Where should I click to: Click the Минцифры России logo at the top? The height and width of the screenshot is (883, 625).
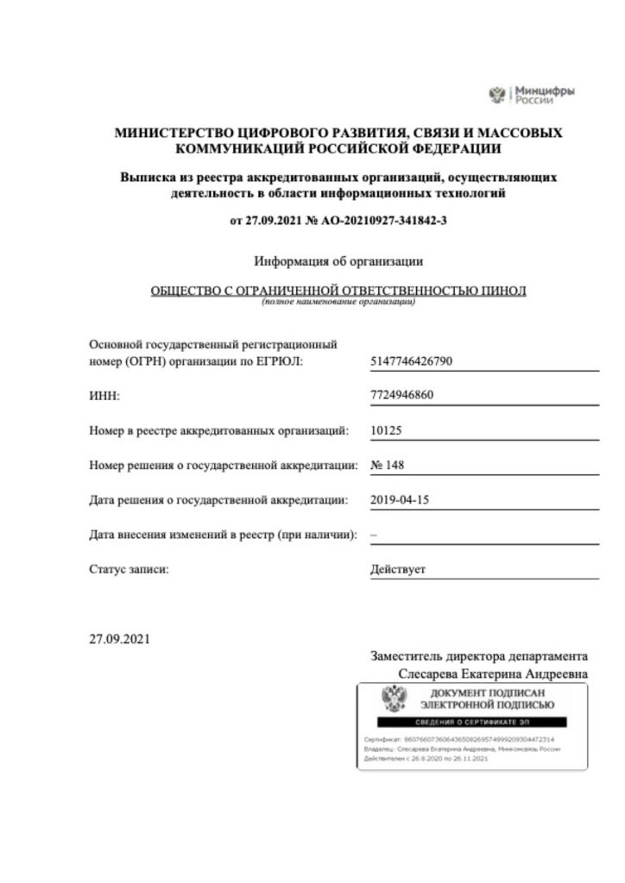[x=532, y=94]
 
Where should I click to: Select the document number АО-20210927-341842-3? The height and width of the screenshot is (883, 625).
[x=383, y=221]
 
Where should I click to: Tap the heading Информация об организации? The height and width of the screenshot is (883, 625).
[x=338, y=260]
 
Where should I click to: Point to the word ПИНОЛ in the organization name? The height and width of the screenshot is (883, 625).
[x=502, y=291]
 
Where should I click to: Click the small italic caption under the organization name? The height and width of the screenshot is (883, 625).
[x=338, y=303]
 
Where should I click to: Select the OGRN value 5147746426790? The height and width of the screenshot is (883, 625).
[x=411, y=361]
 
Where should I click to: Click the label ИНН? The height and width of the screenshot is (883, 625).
[x=104, y=396]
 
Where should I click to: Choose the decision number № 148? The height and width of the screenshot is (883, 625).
[x=387, y=465]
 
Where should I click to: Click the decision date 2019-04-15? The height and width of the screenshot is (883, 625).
[x=399, y=499]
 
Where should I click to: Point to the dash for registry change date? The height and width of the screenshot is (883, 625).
[x=373, y=535]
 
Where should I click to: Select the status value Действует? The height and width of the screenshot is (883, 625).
[x=397, y=569]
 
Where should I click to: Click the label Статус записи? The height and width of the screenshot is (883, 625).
[x=129, y=569]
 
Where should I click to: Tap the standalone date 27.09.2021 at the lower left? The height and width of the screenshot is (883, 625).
[x=120, y=639]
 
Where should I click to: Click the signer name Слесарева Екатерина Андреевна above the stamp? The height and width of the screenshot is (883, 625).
[x=493, y=673]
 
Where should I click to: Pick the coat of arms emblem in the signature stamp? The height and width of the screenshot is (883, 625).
[x=395, y=698]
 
